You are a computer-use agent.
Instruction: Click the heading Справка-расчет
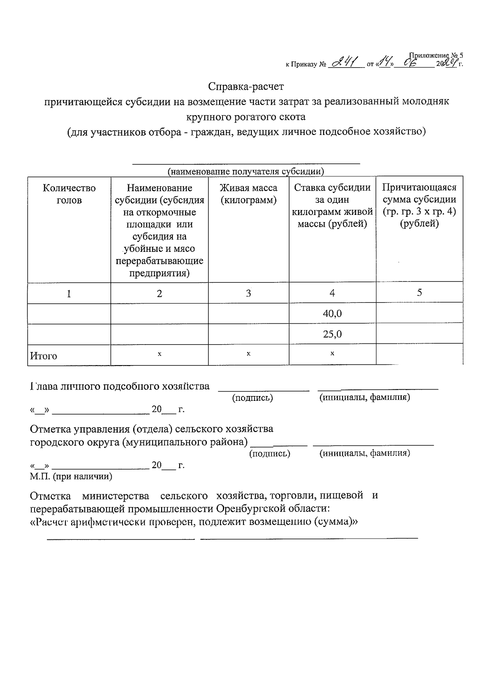[x=246, y=86]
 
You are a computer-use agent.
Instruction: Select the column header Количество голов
[x=69, y=194]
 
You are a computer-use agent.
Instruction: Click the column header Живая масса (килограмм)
[x=248, y=194]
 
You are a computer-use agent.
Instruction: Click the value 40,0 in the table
[x=332, y=314]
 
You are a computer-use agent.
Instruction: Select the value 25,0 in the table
[x=332, y=334]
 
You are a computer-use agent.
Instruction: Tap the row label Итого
[x=44, y=356]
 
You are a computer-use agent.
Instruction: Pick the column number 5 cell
[x=419, y=292]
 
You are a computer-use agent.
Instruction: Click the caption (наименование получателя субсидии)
[x=245, y=172]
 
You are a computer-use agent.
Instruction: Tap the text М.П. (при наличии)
[x=71, y=476]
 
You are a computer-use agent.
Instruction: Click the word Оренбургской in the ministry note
[x=250, y=509]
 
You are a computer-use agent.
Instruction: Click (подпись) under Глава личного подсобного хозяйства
[x=253, y=398]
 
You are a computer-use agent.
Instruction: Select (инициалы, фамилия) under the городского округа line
[x=364, y=453]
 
